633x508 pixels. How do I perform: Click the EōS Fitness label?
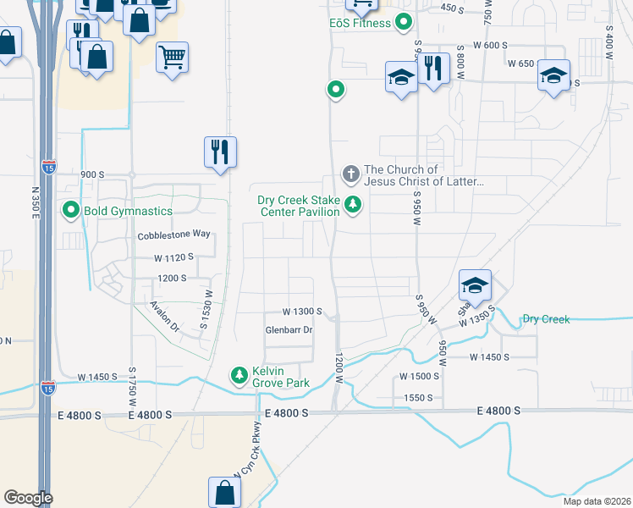pyautogui.click(x=360, y=23)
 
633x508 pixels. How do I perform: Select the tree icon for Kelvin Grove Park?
pyautogui.click(x=239, y=374)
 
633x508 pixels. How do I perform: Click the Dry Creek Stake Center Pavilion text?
pyautogui.click(x=299, y=206)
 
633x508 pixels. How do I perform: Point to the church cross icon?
pyautogui.click(x=350, y=174)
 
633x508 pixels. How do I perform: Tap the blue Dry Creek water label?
pyautogui.click(x=546, y=319)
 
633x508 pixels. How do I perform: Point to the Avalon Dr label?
pyautogui.click(x=164, y=316)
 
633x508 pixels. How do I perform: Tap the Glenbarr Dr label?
pyautogui.click(x=289, y=330)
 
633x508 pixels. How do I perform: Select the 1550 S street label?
pyautogui.click(x=418, y=397)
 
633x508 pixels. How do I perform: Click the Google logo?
pyautogui.click(x=28, y=498)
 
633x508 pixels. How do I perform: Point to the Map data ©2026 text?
pyautogui.click(x=596, y=501)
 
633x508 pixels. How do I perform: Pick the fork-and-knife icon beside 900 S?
pyautogui.click(x=220, y=152)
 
